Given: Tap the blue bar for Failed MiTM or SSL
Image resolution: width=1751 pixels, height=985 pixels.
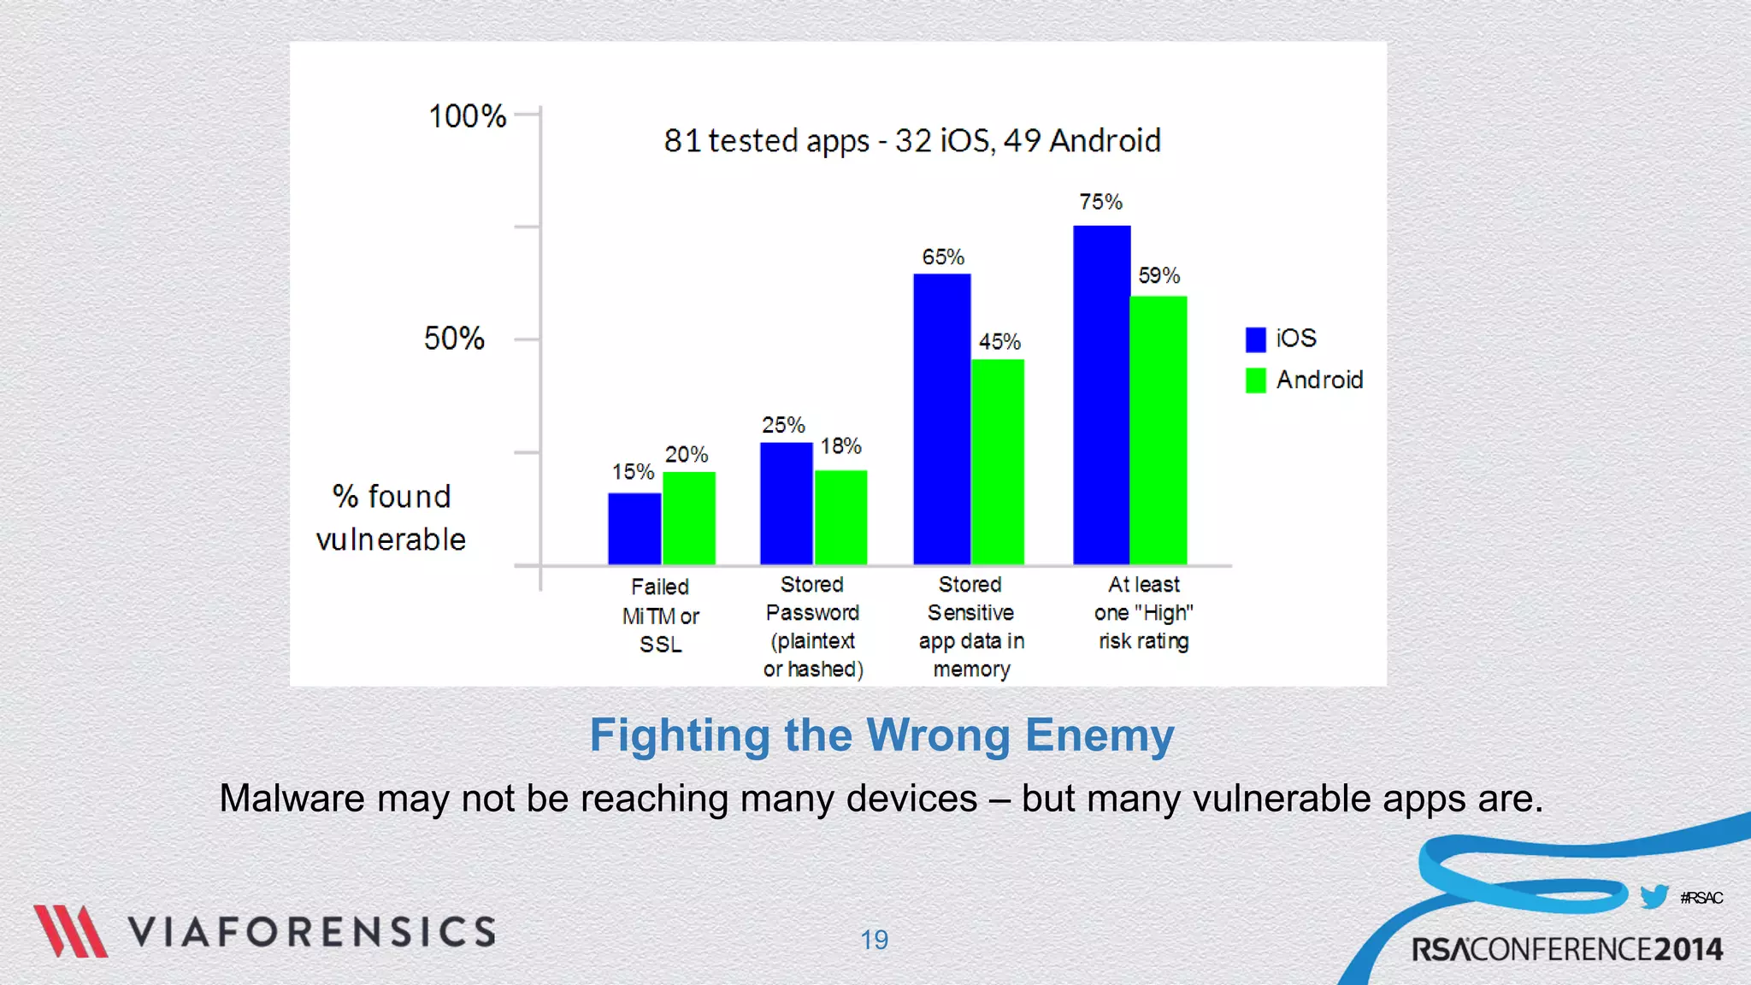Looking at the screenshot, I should pyautogui.click(x=634, y=528).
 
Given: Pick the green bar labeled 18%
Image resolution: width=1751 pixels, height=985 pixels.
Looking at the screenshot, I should pyautogui.click(x=840, y=517).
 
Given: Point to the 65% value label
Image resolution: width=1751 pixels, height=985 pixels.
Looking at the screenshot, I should pyautogui.click(x=942, y=257).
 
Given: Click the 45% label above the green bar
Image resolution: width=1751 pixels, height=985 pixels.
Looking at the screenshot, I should pyautogui.click(x=999, y=342).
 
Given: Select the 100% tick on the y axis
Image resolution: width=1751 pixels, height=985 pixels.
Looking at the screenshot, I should pyautogui.click(x=468, y=116).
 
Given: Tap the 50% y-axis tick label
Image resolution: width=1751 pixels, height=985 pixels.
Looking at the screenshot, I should pyautogui.click(x=454, y=339).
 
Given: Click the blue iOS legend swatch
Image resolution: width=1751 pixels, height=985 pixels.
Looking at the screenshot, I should pyautogui.click(x=1255, y=339).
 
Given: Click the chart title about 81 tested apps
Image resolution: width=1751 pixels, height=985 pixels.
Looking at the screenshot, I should pyautogui.click(x=912, y=141).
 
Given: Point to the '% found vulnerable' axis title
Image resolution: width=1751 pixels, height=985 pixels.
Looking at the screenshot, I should pyautogui.click(x=392, y=518).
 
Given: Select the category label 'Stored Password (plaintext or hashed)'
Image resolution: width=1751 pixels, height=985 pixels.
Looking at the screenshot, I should pyautogui.click(x=812, y=627).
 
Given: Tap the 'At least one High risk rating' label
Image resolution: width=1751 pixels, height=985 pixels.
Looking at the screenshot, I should pyautogui.click(x=1144, y=613).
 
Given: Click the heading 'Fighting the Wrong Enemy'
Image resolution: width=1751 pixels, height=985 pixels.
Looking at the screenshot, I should pyautogui.click(x=881, y=735).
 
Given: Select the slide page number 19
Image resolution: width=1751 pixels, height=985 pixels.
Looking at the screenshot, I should pyautogui.click(x=874, y=940).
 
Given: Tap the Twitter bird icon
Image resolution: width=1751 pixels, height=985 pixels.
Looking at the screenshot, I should pyautogui.click(x=1654, y=897).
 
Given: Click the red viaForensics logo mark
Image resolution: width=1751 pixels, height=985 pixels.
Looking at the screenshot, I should pyautogui.click(x=70, y=931).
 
